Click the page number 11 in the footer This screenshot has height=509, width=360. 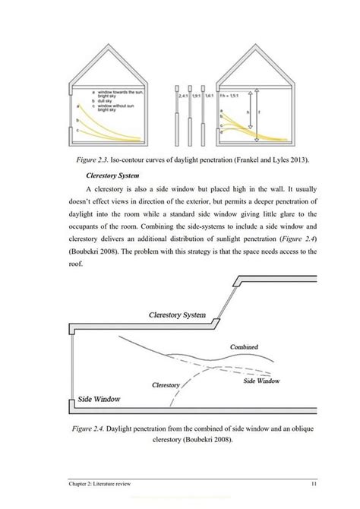click(x=313, y=485)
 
